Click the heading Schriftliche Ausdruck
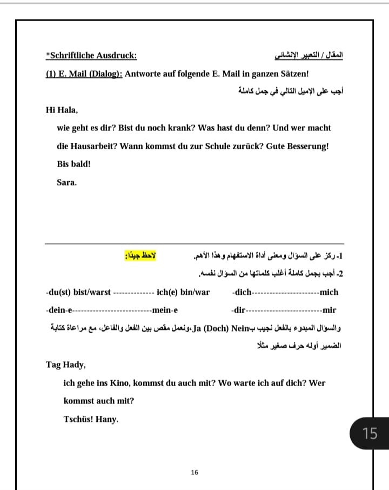(x=92, y=55)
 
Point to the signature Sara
(x=66, y=182)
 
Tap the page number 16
(x=194, y=472)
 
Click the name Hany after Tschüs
(x=107, y=419)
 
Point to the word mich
(x=329, y=292)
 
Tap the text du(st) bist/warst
(x=78, y=292)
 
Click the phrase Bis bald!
(x=73, y=164)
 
